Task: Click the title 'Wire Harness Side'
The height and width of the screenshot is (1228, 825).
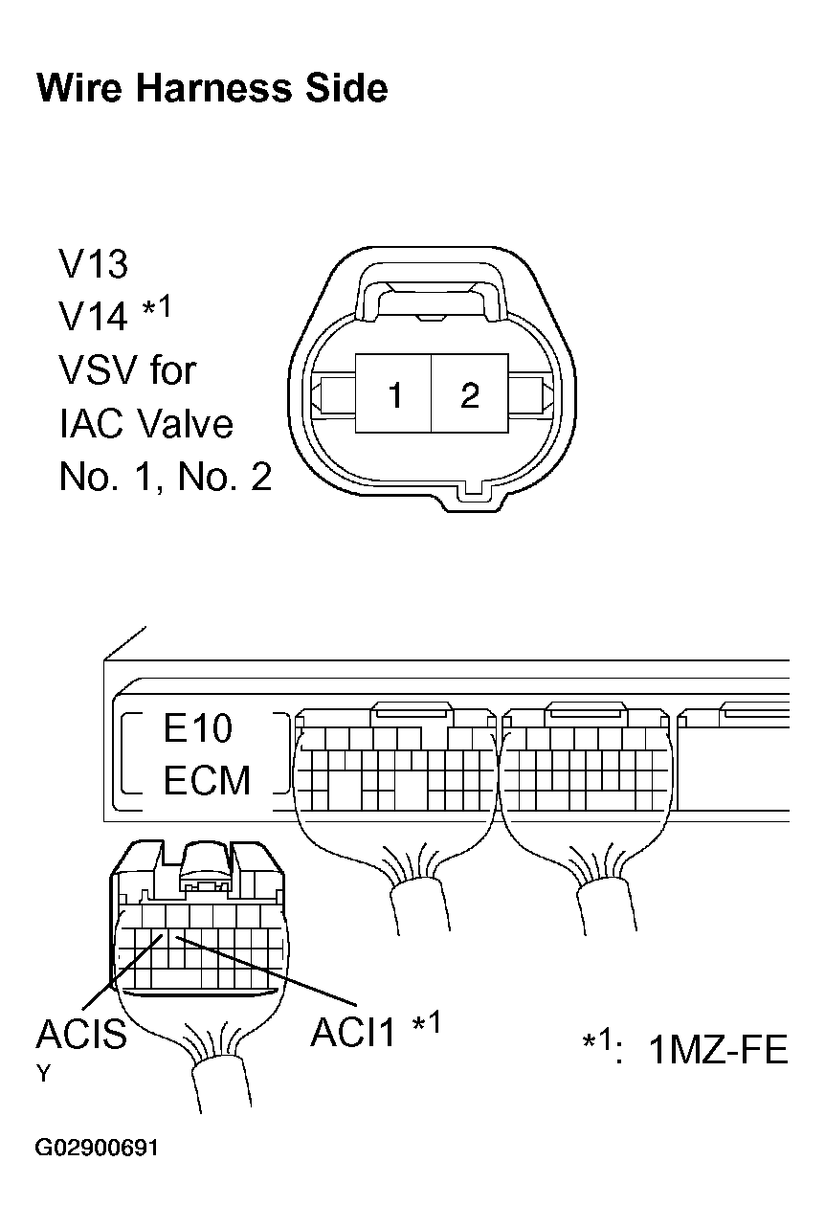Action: [212, 88]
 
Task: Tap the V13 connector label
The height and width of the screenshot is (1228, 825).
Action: [93, 264]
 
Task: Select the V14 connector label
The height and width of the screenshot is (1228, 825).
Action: [93, 316]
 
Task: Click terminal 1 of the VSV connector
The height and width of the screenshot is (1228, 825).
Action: [393, 393]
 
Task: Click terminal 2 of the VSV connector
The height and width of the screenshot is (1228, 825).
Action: [470, 393]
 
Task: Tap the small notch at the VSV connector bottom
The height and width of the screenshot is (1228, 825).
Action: [473, 492]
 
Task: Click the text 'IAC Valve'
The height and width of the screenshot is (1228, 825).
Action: [146, 424]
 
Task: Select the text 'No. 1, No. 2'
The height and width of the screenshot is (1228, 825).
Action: [165, 477]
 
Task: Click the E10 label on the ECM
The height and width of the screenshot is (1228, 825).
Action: [198, 727]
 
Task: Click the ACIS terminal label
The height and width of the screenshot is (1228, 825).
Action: [81, 1034]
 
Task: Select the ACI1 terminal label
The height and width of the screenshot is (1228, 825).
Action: [352, 1033]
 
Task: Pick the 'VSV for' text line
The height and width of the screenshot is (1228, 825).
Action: [127, 370]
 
